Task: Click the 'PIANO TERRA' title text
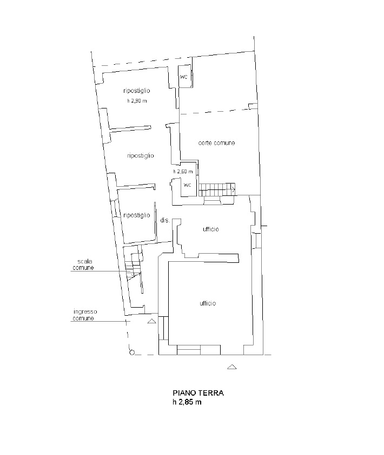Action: click(198, 393)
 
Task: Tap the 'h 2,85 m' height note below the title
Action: click(187, 402)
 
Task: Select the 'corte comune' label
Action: click(216, 143)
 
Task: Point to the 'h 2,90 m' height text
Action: click(137, 101)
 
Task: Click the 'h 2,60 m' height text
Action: click(183, 172)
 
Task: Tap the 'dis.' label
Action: click(165, 220)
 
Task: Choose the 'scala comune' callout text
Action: click(83, 264)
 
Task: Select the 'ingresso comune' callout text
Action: click(84, 315)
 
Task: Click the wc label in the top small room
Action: click(184, 77)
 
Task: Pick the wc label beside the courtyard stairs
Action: click(188, 185)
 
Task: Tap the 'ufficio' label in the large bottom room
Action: click(208, 303)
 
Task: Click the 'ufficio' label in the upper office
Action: click(211, 229)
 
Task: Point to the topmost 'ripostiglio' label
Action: click(137, 91)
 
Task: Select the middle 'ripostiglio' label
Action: click(141, 156)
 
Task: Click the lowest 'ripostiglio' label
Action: click(137, 215)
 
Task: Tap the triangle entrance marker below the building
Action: click(231, 367)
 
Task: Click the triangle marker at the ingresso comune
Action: click(152, 321)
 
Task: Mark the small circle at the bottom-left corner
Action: click(131, 352)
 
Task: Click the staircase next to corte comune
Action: click(217, 189)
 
